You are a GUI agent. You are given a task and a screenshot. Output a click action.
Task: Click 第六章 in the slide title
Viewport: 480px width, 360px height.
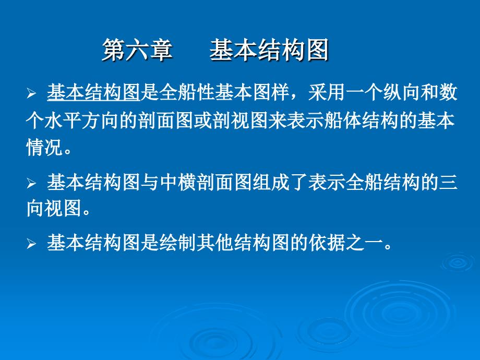[x=137, y=50]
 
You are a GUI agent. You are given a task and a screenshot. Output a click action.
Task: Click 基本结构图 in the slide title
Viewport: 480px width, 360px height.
[x=269, y=50]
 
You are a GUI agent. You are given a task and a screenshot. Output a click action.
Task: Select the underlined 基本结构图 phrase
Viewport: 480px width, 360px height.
[x=93, y=92]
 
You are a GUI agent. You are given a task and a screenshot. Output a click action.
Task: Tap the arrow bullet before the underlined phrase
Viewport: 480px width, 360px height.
[x=31, y=93]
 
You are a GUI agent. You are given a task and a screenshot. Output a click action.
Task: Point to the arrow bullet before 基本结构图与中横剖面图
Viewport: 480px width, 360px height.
[x=31, y=183]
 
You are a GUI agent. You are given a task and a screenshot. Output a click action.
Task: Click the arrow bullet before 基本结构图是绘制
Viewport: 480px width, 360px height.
[x=31, y=244]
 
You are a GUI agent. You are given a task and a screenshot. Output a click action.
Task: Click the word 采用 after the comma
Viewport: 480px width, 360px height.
[x=327, y=92]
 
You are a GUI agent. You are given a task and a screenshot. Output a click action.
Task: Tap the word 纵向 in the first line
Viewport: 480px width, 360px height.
[x=401, y=92]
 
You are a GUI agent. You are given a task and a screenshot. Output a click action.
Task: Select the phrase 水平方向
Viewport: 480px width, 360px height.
[x=82, y=121]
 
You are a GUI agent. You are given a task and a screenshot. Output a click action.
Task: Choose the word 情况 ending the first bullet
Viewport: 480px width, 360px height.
[x=45, y=148]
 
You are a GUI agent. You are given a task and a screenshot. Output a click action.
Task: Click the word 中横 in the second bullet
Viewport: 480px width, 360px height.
[x=177, y=183]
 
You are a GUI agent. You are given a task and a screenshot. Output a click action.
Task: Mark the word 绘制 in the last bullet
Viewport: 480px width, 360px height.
[x=177, y=243]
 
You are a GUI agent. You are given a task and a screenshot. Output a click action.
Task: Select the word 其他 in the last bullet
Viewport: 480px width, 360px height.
[x=215, y=243]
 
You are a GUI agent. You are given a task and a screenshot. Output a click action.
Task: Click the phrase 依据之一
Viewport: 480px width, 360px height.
[x=345, y=243]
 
